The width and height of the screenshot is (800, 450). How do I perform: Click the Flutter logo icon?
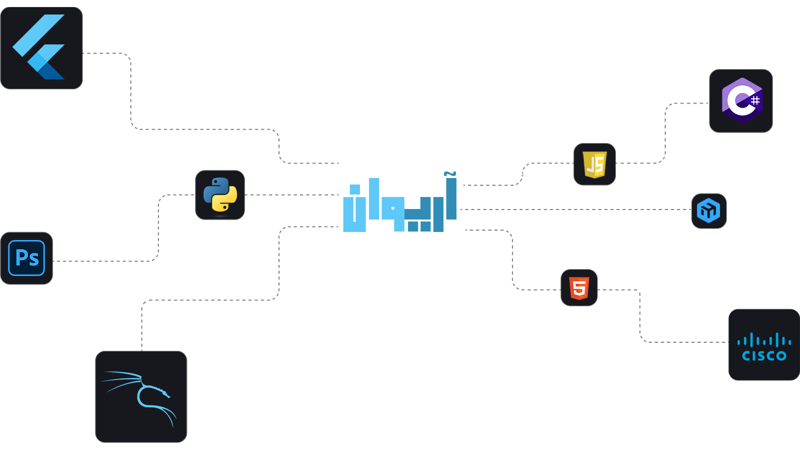[x=42, y=48]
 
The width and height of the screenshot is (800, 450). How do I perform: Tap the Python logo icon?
[x=220, y=195]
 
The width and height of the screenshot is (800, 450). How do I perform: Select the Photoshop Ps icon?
[x=27, y=258]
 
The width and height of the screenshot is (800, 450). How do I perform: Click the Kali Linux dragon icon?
[x=141, y=396]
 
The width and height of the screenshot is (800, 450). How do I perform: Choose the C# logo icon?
[x=741, y=100]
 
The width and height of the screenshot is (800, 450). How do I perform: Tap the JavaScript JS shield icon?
[x=594, y=164]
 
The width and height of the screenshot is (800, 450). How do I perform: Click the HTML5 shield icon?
[x=579, y=288]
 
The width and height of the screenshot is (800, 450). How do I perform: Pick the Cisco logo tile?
[x=763, y=344]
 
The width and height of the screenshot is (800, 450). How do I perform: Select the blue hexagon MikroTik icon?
[x=709, y=210]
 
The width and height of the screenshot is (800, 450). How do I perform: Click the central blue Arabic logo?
[x=400, y=202]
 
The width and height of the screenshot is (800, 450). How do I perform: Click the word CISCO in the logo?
[x=764, y=356]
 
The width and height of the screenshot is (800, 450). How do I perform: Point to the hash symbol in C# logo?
[x=755, y=100]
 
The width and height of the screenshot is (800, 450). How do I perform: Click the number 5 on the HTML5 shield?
[x=579, y=288]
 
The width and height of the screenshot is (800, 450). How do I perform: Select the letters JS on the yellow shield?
[x=595, y=165]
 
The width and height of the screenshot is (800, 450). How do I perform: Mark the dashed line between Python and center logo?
[x=292, y=194]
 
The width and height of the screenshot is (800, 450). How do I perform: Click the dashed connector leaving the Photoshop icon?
[x=100, y=261]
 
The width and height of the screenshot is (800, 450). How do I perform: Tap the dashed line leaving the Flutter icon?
[x=105, y=53]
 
